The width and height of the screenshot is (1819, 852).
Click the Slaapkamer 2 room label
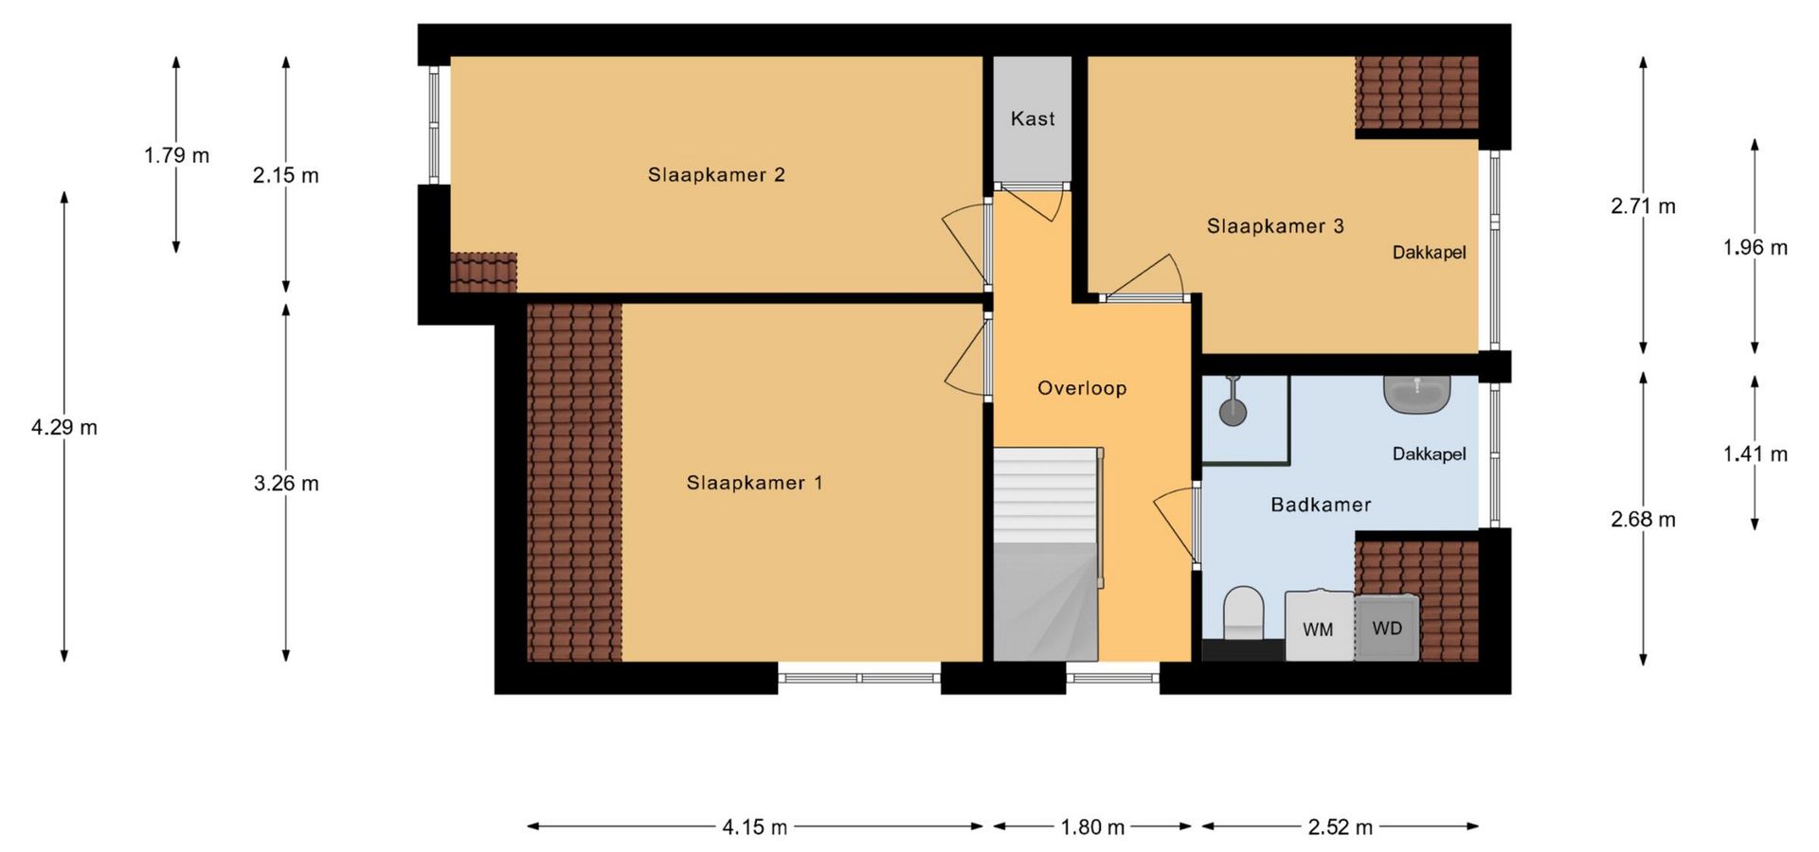(716, 175)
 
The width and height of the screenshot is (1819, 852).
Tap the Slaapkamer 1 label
(754, 483)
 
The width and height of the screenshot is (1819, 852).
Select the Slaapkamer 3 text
(1275, 226)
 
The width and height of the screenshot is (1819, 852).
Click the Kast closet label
(1033, 119)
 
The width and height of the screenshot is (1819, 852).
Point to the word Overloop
(1082, 388)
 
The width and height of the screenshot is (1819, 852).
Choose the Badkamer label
(1321, 506)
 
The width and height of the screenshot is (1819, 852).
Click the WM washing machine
(1319, 625)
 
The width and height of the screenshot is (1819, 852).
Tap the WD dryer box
(1387, 627)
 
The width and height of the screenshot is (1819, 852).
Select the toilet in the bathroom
(1244, 615)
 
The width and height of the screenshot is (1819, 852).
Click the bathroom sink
(1417, 394)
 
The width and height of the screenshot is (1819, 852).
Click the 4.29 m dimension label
(64, 428)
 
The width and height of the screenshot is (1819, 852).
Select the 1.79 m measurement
(176, 155)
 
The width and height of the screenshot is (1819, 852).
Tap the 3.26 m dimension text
(286, 484)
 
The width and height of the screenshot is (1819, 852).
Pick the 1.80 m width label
(1092, 827)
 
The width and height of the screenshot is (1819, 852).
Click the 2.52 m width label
(1341, 827)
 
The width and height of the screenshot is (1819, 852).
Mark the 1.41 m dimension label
(1756, 454)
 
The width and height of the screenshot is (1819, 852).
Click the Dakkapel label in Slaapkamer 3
(1429, 253)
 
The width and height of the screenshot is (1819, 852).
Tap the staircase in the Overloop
(1046, 555)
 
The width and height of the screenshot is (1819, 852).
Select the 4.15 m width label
(755, 827)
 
